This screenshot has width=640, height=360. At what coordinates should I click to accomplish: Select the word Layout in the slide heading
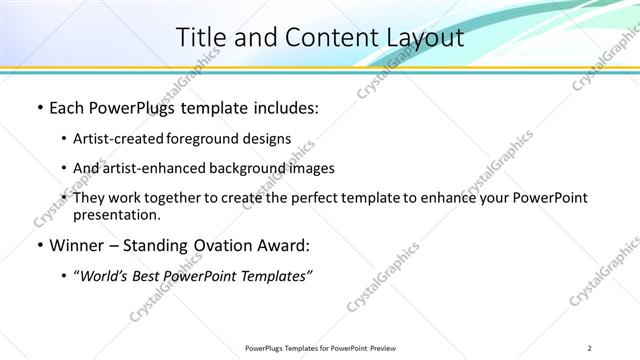(424, 38)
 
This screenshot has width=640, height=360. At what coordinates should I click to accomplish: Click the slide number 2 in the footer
(590, 348)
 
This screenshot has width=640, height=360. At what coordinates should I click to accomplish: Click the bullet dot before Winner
(38, 245)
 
